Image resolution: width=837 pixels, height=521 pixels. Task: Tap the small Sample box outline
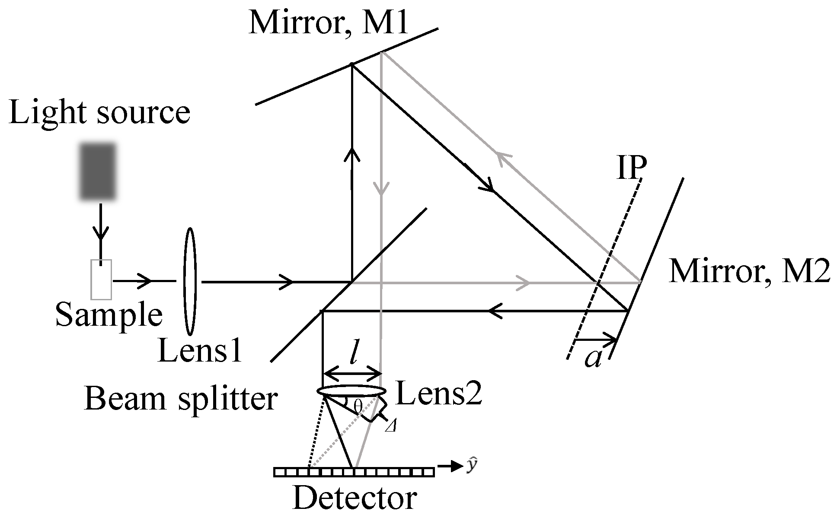coord(101,280)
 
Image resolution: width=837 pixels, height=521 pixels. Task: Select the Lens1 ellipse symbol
coord(189,281)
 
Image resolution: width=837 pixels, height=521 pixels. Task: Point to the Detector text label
coord(355,498)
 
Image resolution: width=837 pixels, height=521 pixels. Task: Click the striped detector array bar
coord(354,472)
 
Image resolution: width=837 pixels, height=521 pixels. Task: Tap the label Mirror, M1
coord(329,22)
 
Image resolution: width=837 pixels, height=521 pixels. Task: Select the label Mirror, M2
coord(749,272)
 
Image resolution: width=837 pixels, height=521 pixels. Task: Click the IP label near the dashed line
coord(632,168)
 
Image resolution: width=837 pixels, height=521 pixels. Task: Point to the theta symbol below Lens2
coord(357,406)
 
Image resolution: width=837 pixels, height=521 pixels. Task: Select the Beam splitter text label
coord(181,398)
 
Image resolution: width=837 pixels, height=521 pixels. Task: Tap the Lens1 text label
coord(200,350)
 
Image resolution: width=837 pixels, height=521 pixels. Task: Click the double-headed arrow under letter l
coord(352,373)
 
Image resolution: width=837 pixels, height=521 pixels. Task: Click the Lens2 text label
coord(438,394)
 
